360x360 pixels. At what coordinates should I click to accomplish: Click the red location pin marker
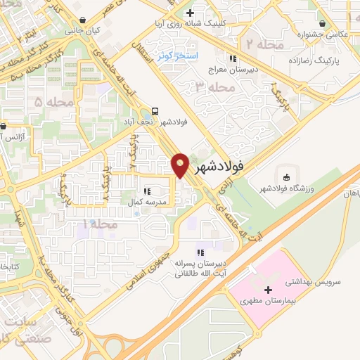point(180,166)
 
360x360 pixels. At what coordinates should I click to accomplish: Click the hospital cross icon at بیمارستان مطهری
point(268,290)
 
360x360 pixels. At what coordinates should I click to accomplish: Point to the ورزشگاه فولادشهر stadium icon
point(286,176)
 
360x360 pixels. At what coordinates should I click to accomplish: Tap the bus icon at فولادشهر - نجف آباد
point(155,110)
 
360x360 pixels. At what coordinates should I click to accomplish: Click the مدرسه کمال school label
point(146,202)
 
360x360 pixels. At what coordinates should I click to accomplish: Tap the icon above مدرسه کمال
point(146,191)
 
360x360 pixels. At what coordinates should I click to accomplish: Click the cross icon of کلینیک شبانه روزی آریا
point(188,13)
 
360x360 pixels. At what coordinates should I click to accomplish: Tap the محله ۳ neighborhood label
point(215,88)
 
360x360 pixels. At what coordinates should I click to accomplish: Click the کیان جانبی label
point(83,31)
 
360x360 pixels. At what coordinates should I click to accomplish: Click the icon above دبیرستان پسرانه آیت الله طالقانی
point(200,252)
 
